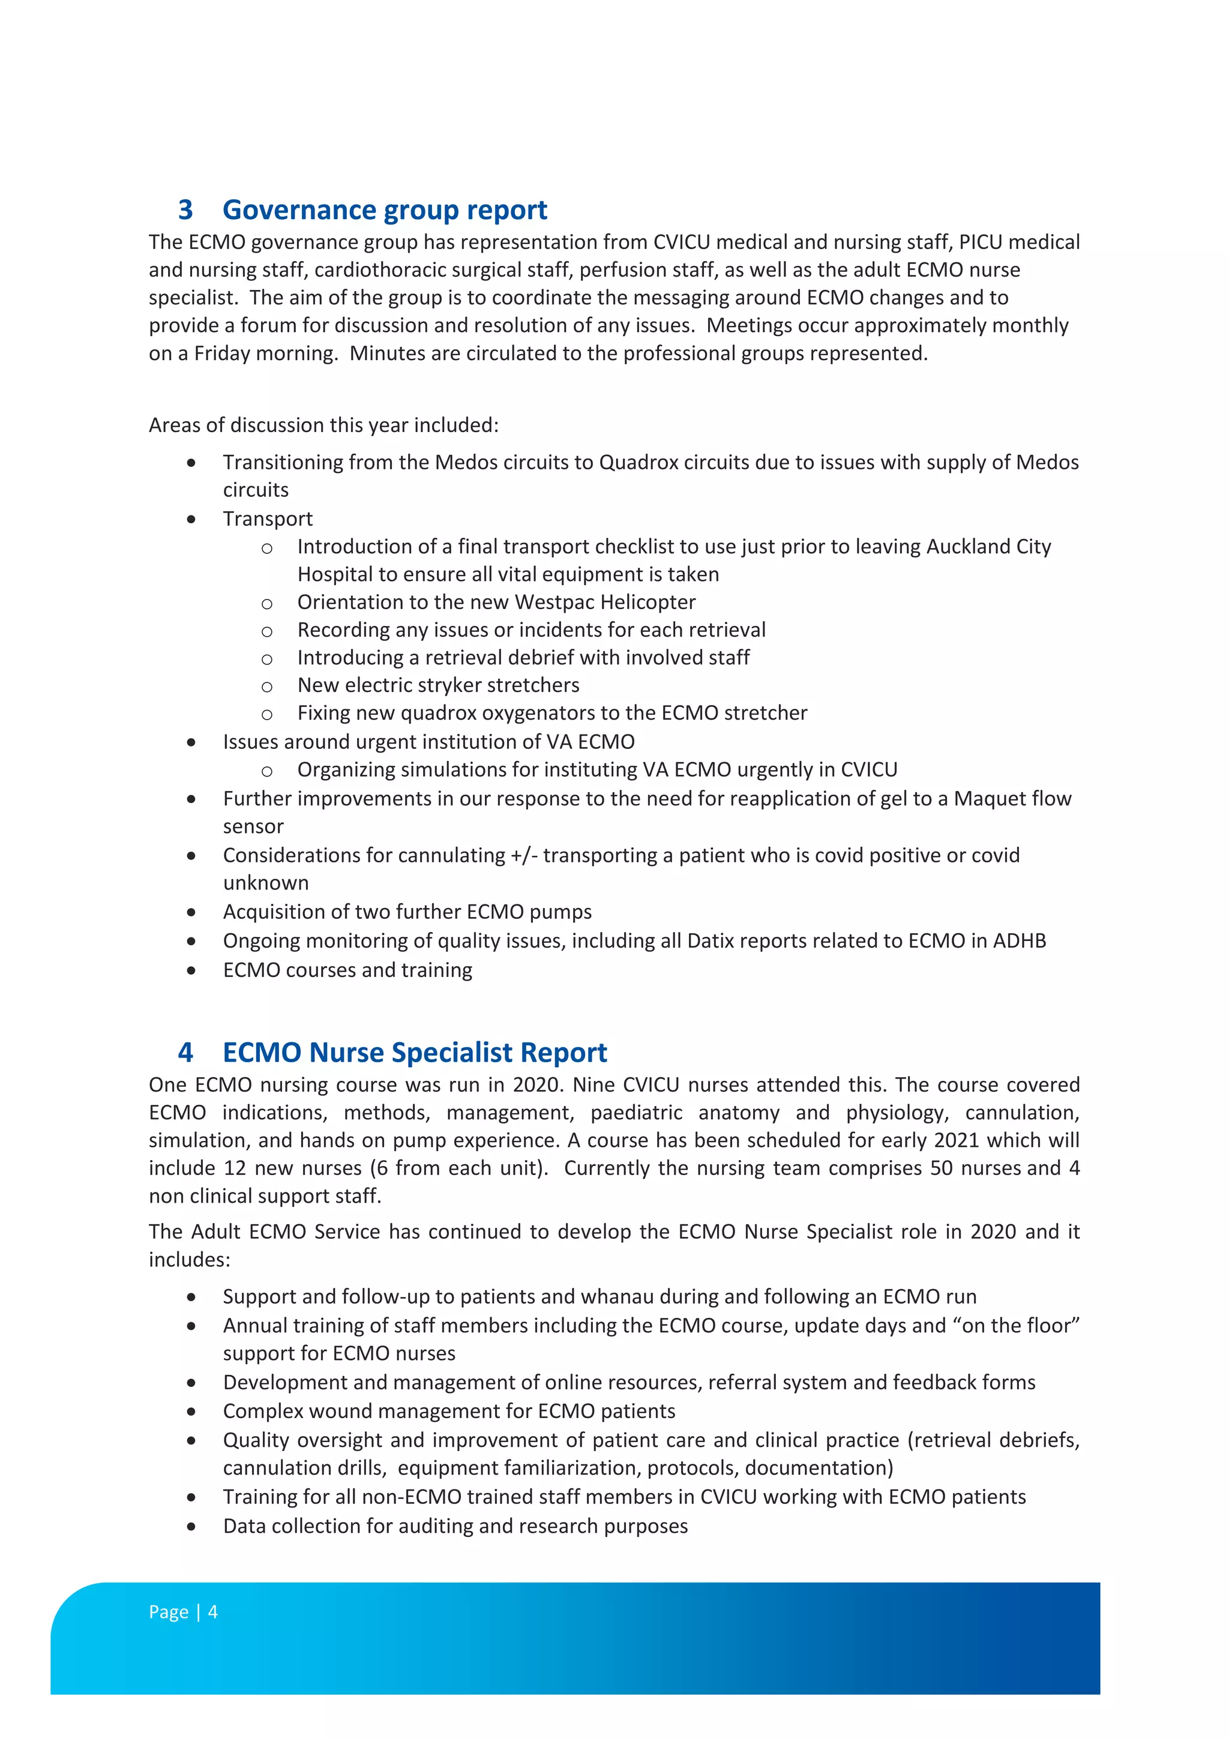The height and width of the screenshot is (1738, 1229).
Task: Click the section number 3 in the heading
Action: [185, 209]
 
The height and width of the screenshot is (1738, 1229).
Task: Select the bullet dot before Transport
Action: [191, 519]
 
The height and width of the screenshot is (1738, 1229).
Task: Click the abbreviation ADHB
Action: [1020, 941]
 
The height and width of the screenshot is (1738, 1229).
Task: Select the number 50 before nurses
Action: [941, 1168]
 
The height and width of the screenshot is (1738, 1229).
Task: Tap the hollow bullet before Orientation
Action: [266, 603]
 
